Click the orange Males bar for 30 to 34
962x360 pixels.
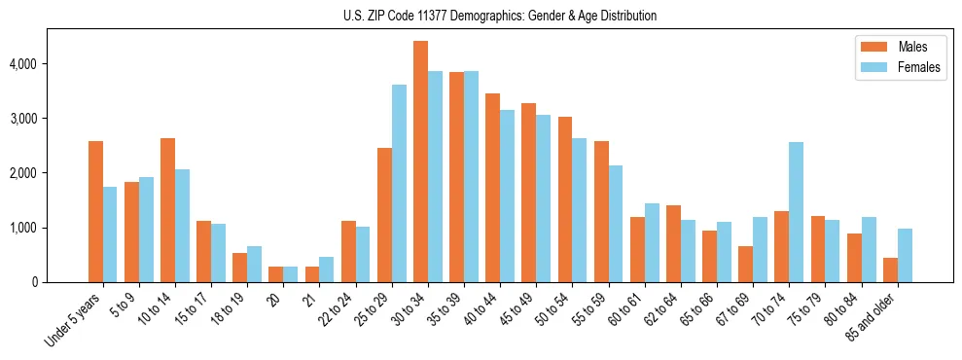pyautogui.click(x=420, y=162)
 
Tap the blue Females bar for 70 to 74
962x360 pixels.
pyautogui.click(x=796, y=212)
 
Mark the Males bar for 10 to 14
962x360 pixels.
pyautogui.click(x=167, y=210)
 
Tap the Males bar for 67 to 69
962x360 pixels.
pyautogui.click(x=745, y=264)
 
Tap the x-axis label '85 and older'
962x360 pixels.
pyautogui.click(x=876, y=312)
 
